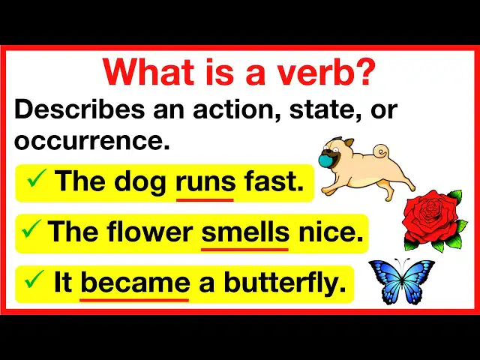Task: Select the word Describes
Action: click(x=79, y=109)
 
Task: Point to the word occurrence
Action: click(x=91, y=141)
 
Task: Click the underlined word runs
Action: click(x=205, y=181)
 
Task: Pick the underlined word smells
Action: click(x=245, y=231)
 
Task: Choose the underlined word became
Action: click(x=135, y=282)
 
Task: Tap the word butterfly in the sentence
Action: click(x=285, y=282)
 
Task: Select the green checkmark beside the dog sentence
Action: click(x=37, y=178)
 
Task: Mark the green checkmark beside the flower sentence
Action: click(x=31, y=229)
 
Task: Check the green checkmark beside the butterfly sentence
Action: click(x=34, y=279)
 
